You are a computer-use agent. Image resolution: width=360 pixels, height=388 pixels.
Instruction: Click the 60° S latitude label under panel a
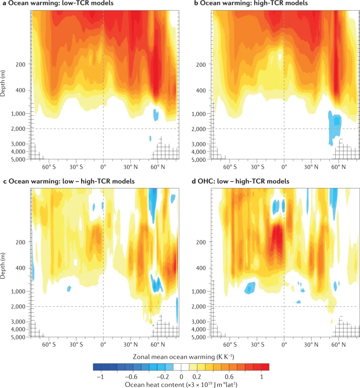[49, 167]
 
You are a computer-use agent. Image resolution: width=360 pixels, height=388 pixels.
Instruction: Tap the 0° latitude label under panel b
[284, 167]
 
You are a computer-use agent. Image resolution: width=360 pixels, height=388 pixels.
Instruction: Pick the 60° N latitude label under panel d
[338, 344]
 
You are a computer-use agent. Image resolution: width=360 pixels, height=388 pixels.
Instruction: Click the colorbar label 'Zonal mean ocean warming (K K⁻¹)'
[181, 357]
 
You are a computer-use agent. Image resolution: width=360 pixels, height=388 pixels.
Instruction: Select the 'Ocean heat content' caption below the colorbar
[181, 383]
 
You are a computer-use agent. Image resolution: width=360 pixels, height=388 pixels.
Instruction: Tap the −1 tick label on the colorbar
[100, 376]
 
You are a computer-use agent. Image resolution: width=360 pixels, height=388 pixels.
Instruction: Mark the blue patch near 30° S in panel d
[250, 288]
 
